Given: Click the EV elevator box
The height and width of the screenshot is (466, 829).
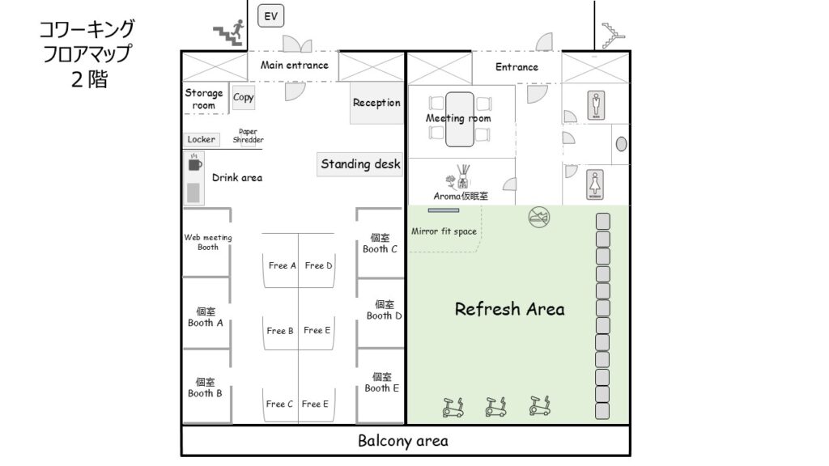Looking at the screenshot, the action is (270, 16).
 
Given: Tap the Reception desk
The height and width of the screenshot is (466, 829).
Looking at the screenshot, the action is (376, 103).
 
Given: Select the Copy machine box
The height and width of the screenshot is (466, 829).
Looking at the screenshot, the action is (243, 97).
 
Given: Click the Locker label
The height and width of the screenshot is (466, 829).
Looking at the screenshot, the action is (202, 139).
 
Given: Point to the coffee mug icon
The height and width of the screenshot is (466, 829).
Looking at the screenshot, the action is (194, 163).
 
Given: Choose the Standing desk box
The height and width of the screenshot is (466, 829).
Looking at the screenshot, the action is (360, 164).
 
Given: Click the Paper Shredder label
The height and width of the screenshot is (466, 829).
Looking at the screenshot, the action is (248, 136).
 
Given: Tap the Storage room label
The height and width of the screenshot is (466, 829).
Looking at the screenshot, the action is (203, 99).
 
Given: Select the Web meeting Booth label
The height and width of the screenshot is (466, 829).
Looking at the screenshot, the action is (208, 242).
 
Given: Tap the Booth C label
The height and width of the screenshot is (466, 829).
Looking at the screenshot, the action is (380, 243).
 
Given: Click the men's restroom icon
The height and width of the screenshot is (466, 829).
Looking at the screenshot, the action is (596, 105).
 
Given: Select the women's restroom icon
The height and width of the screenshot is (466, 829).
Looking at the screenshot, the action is (595, 185).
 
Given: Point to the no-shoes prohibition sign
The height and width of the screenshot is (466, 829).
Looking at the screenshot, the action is (538, 217).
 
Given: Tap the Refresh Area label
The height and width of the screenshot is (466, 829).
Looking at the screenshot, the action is (510, 309).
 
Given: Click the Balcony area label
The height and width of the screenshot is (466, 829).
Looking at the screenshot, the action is (403, 441).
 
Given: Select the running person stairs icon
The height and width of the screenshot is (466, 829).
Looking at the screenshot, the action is (229, 32).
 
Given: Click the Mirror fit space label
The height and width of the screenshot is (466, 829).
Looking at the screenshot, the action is (444, 231).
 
